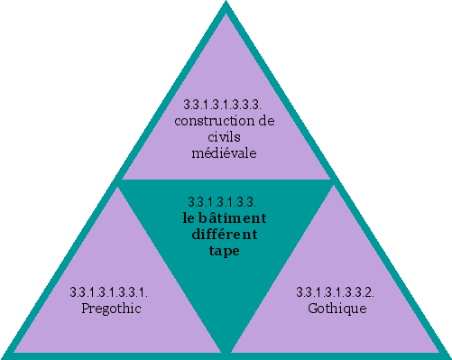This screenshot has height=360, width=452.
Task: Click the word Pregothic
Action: tap(109, 309)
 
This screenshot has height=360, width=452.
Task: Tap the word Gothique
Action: tap(337, 309)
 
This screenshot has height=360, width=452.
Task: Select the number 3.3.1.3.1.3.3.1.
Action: tap(109, 292)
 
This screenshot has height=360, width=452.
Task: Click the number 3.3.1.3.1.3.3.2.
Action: tap(336, 292)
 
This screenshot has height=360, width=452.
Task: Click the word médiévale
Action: tap(225, 152)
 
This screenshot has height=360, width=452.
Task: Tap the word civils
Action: tap(225, 136)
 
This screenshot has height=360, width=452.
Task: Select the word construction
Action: tap(212, 120)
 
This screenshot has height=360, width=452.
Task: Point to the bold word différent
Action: tap(225, 235)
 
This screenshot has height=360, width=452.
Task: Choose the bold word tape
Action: tap(225, 251)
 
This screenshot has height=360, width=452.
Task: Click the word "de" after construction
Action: tap(267, 120)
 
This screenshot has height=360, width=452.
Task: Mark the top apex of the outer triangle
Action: tap(226, 5)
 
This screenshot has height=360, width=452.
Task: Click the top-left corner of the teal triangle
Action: tap(118, 181)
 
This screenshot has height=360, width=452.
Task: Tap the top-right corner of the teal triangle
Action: tap(333, 181)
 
